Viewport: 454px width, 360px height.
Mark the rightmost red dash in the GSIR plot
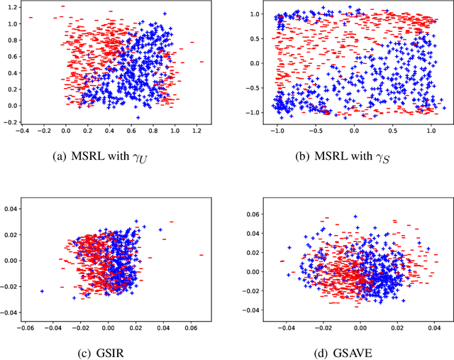tap(201, 255)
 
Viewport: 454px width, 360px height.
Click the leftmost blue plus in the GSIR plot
tap(42, 291)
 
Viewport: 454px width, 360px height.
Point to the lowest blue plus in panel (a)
tap(138, 117)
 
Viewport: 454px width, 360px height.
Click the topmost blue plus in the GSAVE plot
tap(355, 217)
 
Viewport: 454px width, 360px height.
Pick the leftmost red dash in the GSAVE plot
tap(282, 261)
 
